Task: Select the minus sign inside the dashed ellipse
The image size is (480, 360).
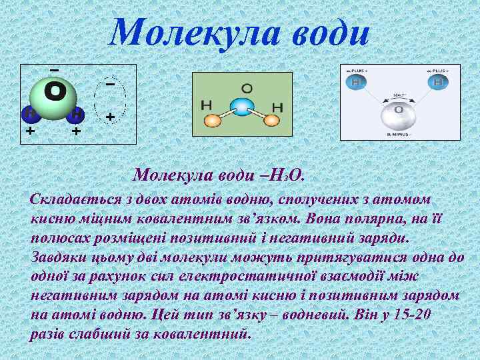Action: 110,85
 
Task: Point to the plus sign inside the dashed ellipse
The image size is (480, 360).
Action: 110,117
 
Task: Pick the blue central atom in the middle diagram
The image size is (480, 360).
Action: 241,107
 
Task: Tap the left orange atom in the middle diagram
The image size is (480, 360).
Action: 211,121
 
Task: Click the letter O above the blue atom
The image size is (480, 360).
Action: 247,87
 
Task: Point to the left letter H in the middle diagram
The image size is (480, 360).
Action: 207,105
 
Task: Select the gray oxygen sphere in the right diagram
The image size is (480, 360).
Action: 399,116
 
